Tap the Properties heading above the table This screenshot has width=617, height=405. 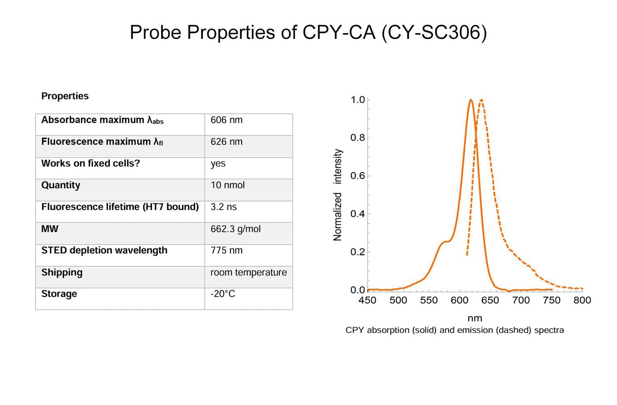pos(65,96)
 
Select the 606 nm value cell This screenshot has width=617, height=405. pos(226,120)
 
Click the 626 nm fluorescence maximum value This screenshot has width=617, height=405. pos(226,142)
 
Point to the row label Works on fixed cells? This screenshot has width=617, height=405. pos(90,163)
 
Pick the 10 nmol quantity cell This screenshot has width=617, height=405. pos(228,185)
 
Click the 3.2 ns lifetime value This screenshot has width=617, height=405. pos(223,207)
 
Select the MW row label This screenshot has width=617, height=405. pos(50,229)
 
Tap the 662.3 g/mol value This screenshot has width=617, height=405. pos(235,229)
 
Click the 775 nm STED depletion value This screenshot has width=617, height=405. pos(226,250)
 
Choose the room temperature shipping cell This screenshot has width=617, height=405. pos(248,272)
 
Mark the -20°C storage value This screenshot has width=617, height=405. pos(223,294)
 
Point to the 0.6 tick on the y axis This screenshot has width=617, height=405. pos(357,176)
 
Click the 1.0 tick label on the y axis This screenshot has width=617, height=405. pos(357,100)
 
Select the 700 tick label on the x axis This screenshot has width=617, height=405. pos(521,300)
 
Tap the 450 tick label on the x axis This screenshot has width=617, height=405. pos(367,300)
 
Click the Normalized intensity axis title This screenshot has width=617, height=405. pos(337,194)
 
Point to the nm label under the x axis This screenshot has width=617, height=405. pos(474,318)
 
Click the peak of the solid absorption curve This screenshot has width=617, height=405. pos(470,100)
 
